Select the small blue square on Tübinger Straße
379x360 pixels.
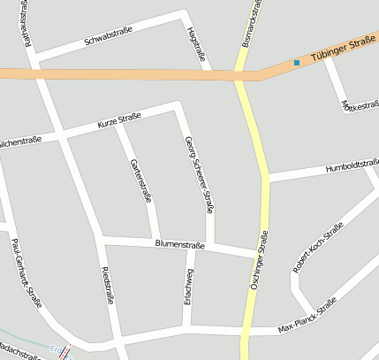coord(297,63)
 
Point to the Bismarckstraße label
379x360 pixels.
coord(254,24)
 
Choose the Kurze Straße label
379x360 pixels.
coord(119,122)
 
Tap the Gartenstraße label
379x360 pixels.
coord(140,180)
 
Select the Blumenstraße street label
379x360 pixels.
coord(179,245)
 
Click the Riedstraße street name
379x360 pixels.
coord(107,284)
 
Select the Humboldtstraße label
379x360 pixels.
coord(351,167)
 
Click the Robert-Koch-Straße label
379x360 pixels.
coord(318,249)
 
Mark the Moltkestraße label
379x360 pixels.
coord(360,106)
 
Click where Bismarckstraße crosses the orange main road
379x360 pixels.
coord(240,75)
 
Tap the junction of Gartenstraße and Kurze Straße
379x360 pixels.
coord(117,125)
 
